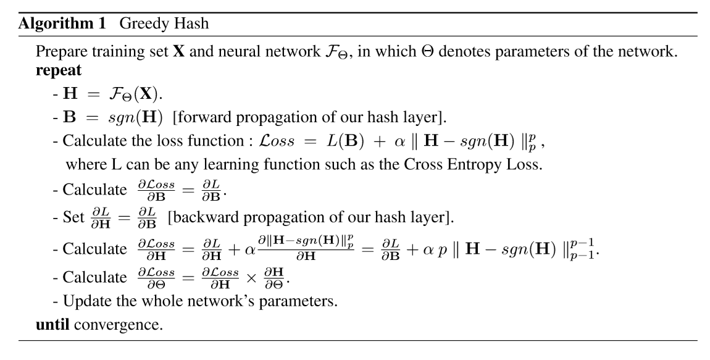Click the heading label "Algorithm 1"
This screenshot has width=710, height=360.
tap(62, 23)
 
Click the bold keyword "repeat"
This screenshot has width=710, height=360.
tap(59, 71)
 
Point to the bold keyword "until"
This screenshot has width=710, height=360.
tap(52, 324)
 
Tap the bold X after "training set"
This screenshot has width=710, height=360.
tap(179, 51)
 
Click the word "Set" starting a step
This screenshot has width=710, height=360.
tap(73, 217)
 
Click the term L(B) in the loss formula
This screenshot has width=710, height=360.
tap(346, 141)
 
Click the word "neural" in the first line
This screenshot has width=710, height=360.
tap(240, 51)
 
